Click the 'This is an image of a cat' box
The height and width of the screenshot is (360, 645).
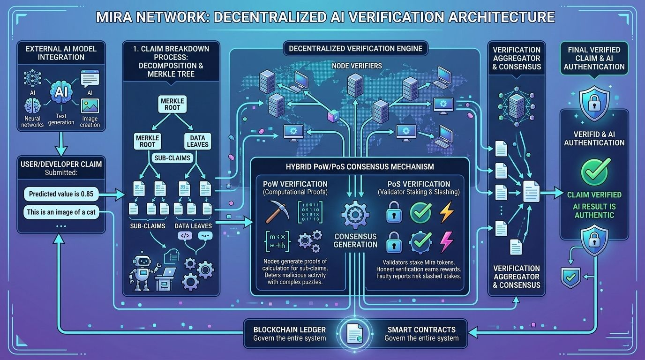tap(61, 212)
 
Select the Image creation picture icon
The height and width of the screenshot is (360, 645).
tap(90, 106)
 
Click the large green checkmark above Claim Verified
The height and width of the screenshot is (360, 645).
tap(594, 170)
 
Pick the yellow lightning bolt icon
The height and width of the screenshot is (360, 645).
tap(445, 212)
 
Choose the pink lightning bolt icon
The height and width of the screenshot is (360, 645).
tap(445, 242)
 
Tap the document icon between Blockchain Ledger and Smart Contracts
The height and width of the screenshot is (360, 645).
tap(354, 333)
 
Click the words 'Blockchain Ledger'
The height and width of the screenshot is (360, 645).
tap(289, 329)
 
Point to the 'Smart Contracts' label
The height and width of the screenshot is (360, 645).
tap(421, 329)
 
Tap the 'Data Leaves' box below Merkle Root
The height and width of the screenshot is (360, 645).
tap(197, 141)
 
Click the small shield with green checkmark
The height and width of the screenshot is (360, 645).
tap(570, 277)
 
